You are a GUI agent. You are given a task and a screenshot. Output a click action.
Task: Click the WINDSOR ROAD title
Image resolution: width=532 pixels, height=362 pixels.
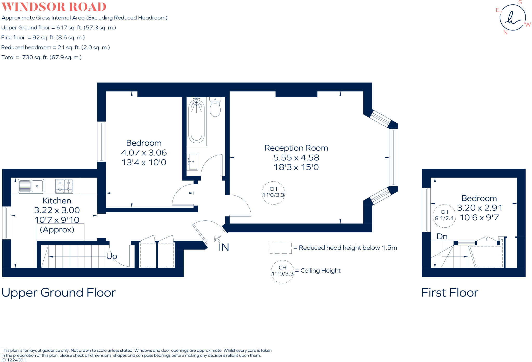point(54,7)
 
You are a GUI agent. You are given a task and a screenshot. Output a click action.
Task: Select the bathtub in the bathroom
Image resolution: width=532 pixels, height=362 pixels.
point(196,121)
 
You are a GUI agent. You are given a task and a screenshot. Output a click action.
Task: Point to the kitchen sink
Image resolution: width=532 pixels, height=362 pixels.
point(31,186)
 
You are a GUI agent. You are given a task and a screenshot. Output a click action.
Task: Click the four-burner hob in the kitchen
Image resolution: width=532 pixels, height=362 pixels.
point(64,186)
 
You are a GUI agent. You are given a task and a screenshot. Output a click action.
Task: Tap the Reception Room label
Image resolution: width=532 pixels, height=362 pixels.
point(296,148)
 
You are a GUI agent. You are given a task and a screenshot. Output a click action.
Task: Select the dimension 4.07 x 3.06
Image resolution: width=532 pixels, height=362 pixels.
point(144,153)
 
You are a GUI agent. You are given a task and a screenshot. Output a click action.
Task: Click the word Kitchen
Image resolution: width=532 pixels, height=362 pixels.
point(57,201)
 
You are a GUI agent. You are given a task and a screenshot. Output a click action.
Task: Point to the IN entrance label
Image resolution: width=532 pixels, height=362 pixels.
point(224,247)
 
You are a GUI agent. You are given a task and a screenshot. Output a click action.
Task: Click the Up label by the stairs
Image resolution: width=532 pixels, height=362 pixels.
point(112,256)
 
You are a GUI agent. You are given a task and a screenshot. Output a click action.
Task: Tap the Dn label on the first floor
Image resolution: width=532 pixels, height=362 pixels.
point(442,236)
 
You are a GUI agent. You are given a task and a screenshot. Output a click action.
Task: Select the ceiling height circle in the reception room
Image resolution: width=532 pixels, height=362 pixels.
point(273,193)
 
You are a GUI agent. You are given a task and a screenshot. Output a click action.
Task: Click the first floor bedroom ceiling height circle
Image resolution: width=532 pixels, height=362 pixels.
point(444,216)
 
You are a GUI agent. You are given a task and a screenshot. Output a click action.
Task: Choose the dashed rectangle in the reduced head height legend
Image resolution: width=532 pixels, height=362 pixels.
point(281,248)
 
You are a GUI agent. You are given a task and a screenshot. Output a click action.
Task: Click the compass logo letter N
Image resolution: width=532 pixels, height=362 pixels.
point(505,32)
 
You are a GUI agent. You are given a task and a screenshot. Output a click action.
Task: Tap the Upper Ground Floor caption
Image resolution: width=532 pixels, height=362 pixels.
point(59,292)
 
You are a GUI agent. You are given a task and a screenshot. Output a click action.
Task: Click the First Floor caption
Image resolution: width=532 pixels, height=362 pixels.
point(450,292)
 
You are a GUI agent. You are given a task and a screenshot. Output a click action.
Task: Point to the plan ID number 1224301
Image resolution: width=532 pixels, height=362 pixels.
point(16,360)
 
